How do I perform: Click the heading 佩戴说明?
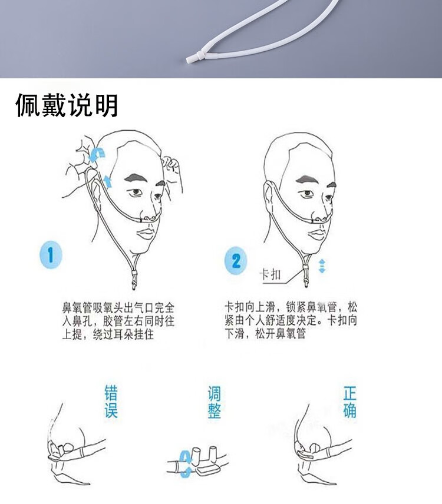coord(67,105)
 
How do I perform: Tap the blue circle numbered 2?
coord(236,260)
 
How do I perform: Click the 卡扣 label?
coord(272,274)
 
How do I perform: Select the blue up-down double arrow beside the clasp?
coord(322,266)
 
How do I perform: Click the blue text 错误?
coord(111,402)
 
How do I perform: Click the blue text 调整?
coord(214,402)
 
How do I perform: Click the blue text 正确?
coord(349,402)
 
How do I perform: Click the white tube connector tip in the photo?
coord(191,59)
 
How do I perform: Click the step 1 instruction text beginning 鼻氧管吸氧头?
coord(118,321)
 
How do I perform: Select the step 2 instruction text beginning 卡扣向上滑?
coord(291,321)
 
